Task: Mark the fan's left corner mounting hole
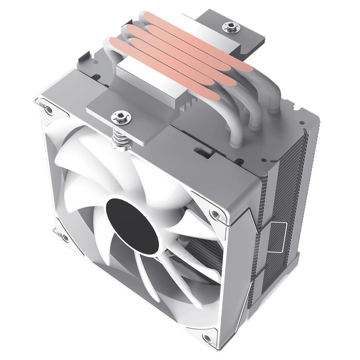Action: point(64,238)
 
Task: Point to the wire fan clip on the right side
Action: point(278,234)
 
